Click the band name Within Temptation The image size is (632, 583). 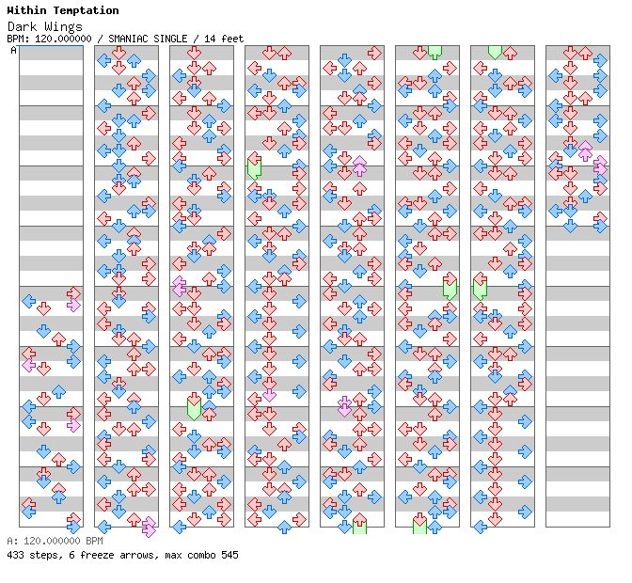point(62,10)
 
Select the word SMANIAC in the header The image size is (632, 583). point(132,39)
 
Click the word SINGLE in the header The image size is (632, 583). point(178,39)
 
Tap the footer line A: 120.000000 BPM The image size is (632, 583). point(54,542)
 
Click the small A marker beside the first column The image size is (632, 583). point(13,50)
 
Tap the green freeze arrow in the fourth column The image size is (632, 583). point(254,167)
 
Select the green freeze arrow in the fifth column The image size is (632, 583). point(359,525)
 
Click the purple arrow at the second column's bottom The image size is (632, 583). point(149,528)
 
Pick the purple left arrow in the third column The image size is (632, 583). point(179,287)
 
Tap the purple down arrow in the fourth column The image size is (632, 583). point(269,394)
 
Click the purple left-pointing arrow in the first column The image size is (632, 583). point(28,365)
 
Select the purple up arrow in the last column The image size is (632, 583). point(585,150)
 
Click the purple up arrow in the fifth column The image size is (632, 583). point(359,165)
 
